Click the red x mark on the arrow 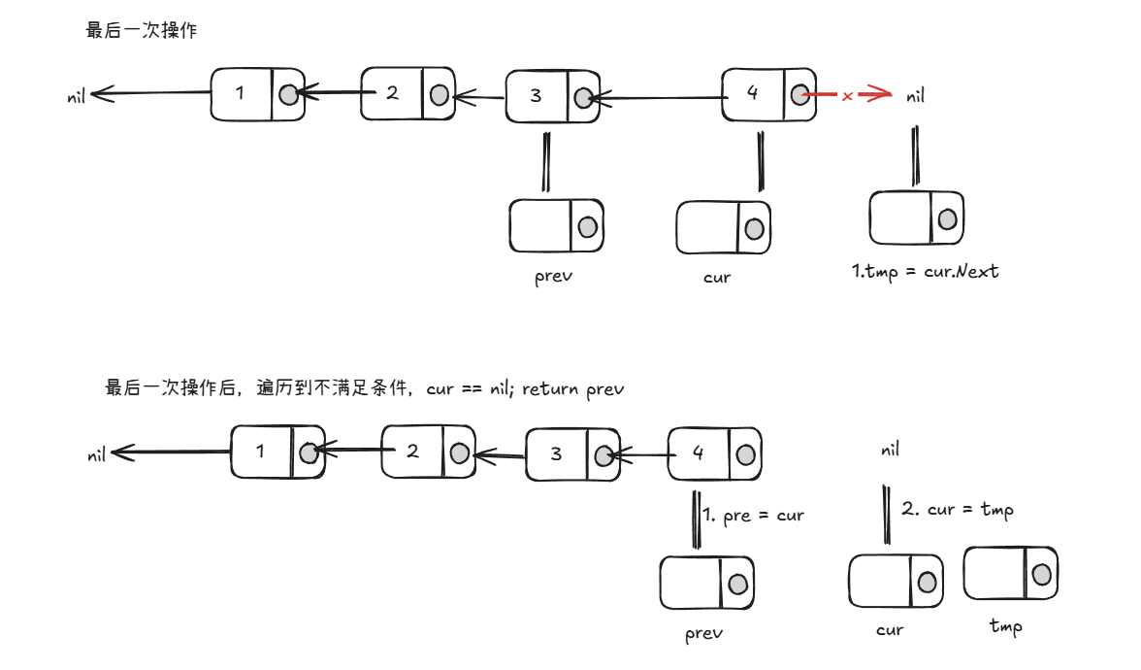click(847, 96)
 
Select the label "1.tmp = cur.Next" click(925, 272)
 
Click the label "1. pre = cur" click(753, 515)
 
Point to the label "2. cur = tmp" click(957, 509)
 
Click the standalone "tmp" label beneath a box click(1005, 626)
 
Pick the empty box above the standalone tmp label click(1009, 573)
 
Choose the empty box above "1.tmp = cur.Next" click(916, 218)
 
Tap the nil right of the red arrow click(915, 96)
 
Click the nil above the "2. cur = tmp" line click(890, 451)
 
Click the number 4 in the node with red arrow click(753, 92)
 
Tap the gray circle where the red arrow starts click(799, 94)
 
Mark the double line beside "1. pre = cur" click(697, 519)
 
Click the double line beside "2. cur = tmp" click(886, 514)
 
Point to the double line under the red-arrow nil click(914, 155)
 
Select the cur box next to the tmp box click(895, 581)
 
